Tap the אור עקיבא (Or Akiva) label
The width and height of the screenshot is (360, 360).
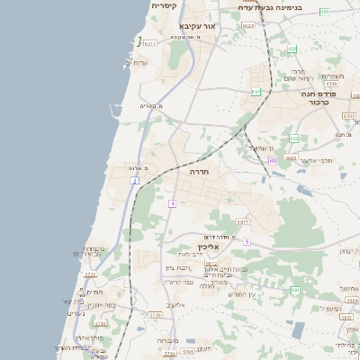point(198,26)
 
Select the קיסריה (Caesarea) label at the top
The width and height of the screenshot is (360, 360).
point(163,5)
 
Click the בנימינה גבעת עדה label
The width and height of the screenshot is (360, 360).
point(297,7)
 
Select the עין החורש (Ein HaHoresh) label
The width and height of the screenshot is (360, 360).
point(242,294)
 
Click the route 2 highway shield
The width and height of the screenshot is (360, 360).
point(134,182)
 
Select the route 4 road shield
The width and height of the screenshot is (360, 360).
point(170,203)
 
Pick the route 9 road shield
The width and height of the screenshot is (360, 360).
point(246,240)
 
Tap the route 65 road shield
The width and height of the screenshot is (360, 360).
point(272,160)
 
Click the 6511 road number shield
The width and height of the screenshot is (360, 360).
point(148,42)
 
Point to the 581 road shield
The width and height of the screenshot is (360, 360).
point(295,290)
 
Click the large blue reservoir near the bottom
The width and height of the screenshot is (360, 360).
point(296,329)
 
